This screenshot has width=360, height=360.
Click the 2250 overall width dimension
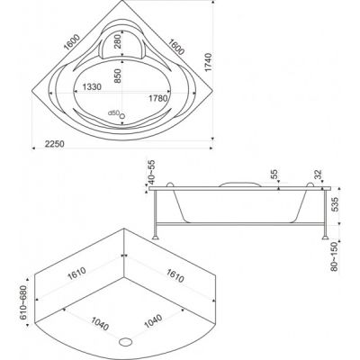pyautogui.click(x=55, y=144)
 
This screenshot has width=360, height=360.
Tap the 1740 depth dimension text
pyautogui.click(x=208, y=62)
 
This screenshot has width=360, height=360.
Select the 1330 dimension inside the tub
pyautogui.click(x=92, y=87)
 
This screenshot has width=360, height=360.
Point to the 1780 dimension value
pyautogui.click(x=157, y=98)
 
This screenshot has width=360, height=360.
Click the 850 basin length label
pyautogui.click(x=117, y=76)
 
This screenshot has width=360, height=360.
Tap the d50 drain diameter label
pyautogui.click(x=114, y=112)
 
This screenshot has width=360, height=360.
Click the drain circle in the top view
pyautogui.click(x=122, y=115)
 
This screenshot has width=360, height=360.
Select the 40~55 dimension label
pyautogui.click(x=152, y=172)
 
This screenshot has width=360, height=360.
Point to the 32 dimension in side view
pyautogui.click(x=319, y=175)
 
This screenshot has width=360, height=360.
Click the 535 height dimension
pyautogui.click(x=335, y=204)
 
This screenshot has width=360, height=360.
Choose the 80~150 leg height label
pyautogui.click(x=335, y=256)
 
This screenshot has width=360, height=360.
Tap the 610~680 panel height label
pyautogui.click(x=23, y=302)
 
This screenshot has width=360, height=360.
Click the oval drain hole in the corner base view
pyautogui.click(x=126, y=341)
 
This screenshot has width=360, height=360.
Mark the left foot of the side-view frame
pyautogui.click(x=156, y=238)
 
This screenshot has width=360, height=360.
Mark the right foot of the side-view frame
pyautogui.click(x=326, y=238)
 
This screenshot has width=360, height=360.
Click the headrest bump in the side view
pyautogui.click(x=239, y=184)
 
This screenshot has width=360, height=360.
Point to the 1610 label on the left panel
pyautogui.click(x=76, y=274)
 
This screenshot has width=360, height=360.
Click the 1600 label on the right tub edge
pyautogui.click(x=176, y=47)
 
